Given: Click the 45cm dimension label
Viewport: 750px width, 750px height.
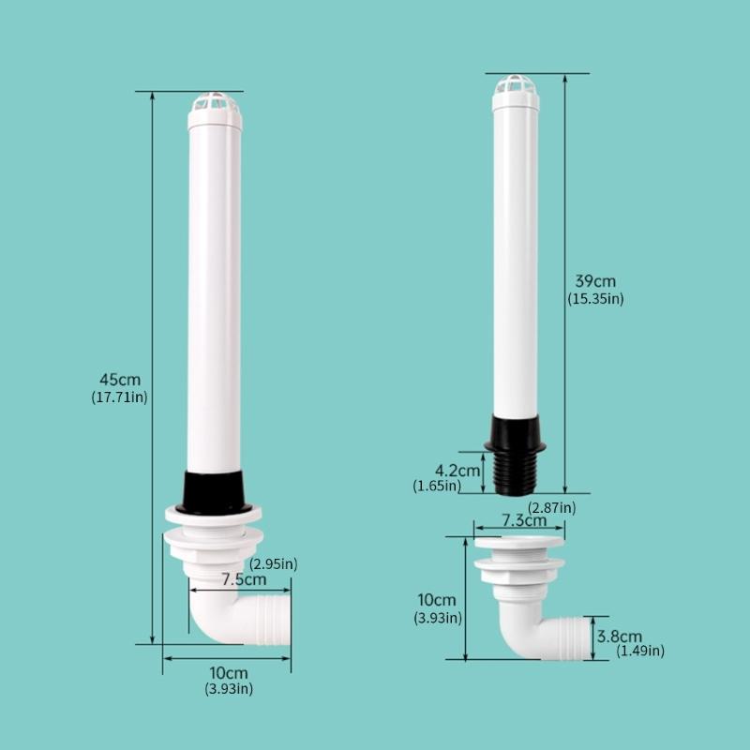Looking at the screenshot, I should [x=120, y=380].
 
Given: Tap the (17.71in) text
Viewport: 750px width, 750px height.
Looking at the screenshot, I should [x=120, y=397].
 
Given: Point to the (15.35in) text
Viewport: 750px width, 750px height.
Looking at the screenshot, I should [x=595, y=299].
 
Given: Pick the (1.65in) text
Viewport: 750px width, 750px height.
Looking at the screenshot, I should [x=437, y=486].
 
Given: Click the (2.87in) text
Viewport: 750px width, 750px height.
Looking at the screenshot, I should [x=552, y=507].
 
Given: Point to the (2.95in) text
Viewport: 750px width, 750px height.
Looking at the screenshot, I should [x=274, y=563].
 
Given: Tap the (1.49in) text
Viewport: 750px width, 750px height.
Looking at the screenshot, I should [x=640, y=651].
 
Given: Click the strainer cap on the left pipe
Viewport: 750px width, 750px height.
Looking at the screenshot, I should [x=215, y=111].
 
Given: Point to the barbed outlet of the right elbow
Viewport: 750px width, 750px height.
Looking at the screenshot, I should [x=568, y=637].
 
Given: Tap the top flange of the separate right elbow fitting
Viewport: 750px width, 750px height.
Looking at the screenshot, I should [x=519, y=542].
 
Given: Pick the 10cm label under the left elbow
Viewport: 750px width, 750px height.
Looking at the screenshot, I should [x=229, y=673].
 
